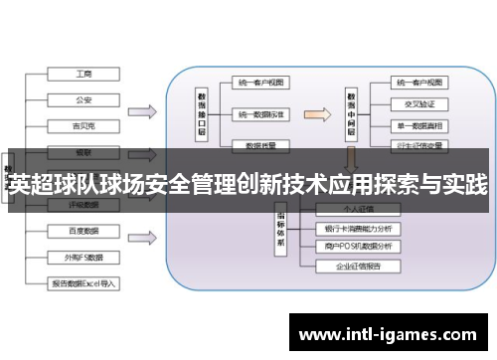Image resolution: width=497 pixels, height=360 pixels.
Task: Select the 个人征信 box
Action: [x=358, y=211]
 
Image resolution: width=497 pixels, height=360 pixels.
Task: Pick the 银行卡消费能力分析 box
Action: [x=358, y=228]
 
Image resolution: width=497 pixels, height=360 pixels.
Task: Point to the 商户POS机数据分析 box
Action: [x=358, y=246]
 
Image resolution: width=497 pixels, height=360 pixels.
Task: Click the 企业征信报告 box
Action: [x=358, y=268]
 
